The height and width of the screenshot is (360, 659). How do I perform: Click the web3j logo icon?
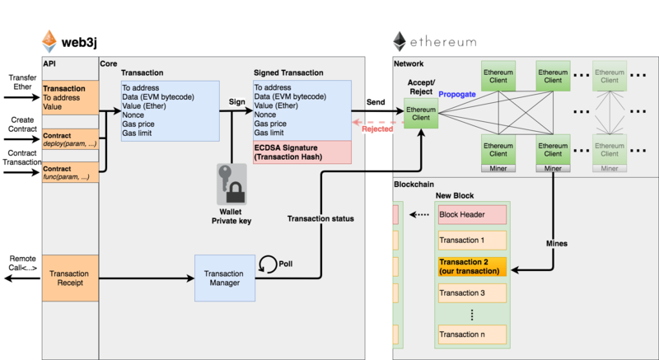point(50,40)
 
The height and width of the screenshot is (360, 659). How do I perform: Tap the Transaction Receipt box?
point(69,278)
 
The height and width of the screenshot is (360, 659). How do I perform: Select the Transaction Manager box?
point(224,278)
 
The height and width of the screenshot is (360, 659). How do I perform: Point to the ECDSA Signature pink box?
point(302,152)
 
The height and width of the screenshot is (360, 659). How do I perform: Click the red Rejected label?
point(378,129)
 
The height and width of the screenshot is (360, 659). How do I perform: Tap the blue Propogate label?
point(456,95)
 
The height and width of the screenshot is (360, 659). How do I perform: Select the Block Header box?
point(472,214)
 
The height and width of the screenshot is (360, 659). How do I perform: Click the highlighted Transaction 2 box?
point(472,267)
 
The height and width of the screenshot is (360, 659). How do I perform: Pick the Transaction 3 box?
point(472,293)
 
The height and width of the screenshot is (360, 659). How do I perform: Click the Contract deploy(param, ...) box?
point(69,138)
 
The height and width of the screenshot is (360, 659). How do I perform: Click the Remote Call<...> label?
point(21,262)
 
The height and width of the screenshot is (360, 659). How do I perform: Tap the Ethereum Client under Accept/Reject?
point(421,114)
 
